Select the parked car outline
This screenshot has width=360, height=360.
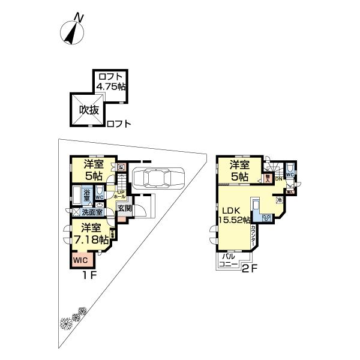(158, 178)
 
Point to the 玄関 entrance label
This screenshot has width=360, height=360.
(124, 208)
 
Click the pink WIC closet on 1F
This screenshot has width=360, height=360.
(81, 260)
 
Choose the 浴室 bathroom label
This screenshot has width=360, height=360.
(87, 194)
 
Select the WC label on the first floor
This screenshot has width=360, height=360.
(100, 196)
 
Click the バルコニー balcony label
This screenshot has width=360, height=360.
(229, 260)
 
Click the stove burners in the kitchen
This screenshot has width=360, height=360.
(266, 217)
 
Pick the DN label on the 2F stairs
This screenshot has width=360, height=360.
(278, 178)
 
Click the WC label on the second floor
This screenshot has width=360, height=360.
(290, 175)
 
